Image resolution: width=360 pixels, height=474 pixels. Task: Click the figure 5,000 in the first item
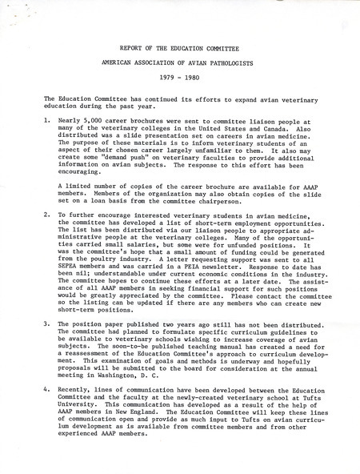[95, 117]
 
